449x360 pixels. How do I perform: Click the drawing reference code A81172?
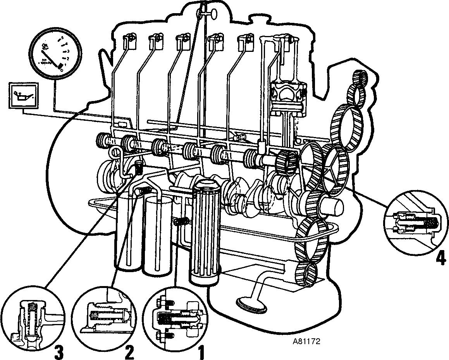click(x=306, y=342)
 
